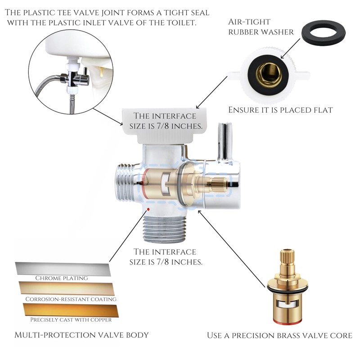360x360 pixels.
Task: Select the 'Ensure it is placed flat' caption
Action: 280,109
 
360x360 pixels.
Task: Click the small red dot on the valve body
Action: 148,210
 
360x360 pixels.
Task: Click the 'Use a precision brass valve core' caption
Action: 279,335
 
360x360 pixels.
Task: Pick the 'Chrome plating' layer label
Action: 62,278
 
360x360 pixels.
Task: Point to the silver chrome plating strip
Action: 63,269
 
